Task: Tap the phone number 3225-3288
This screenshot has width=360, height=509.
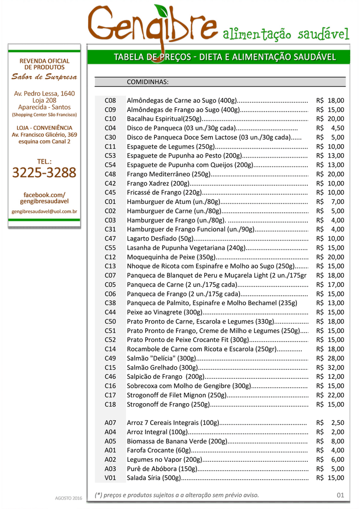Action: tap(44, 173)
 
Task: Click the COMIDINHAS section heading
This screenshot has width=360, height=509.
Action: tap(148, 82)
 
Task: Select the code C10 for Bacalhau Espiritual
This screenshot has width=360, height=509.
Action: tap(110, 119)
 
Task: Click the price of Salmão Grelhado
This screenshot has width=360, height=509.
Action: tap(330, 367)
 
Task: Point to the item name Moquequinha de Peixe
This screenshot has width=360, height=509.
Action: tap(171, 257)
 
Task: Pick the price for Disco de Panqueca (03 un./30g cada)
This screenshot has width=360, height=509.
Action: tap(330, 128)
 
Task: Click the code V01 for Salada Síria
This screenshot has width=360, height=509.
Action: tap(110, 478)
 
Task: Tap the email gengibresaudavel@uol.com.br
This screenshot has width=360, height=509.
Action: tap(44, 211)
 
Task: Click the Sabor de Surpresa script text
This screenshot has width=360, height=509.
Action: tap(44, 77)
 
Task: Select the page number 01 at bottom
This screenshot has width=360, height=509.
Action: tap(340, 495)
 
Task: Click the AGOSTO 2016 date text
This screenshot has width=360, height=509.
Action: tap(68, 498)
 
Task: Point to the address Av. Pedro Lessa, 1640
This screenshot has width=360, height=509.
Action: tap(44, 93)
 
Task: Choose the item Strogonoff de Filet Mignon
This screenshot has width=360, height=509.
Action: tap(177, 395)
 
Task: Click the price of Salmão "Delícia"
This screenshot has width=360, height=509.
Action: tap(330, 358)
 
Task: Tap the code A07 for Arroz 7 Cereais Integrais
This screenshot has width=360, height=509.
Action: tap(110, 423)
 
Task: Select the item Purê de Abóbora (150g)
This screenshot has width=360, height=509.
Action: tap(162, 468)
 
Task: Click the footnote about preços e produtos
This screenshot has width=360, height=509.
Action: tap(177, 495)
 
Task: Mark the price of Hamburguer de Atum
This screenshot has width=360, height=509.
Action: tap(330, 201)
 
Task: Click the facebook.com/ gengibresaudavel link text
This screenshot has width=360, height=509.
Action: tap(44, 198)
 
